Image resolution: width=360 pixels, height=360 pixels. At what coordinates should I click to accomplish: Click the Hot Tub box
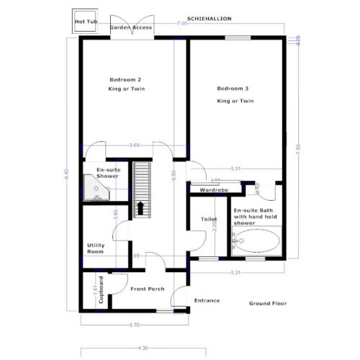pos(85,22)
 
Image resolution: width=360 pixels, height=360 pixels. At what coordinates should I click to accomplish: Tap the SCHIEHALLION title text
pos(209,17)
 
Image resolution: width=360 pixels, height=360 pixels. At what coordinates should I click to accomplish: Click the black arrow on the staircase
pos(141,208)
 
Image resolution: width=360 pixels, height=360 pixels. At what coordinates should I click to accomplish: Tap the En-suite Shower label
pos(107,173)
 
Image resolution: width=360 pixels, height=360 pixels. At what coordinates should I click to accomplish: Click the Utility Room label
pos(96,248)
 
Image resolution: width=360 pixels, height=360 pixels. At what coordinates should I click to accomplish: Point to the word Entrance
pos(207,301)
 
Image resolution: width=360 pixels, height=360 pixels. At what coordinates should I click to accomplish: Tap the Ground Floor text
pos(269,304)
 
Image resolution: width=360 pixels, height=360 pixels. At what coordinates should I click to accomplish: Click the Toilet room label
pos(209,219)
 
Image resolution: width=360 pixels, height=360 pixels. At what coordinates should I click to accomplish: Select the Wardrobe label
pos(214,190)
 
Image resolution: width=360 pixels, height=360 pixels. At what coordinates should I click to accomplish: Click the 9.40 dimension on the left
pos(66,173)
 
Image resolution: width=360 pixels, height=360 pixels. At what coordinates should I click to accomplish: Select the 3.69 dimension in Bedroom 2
pos(133,146)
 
